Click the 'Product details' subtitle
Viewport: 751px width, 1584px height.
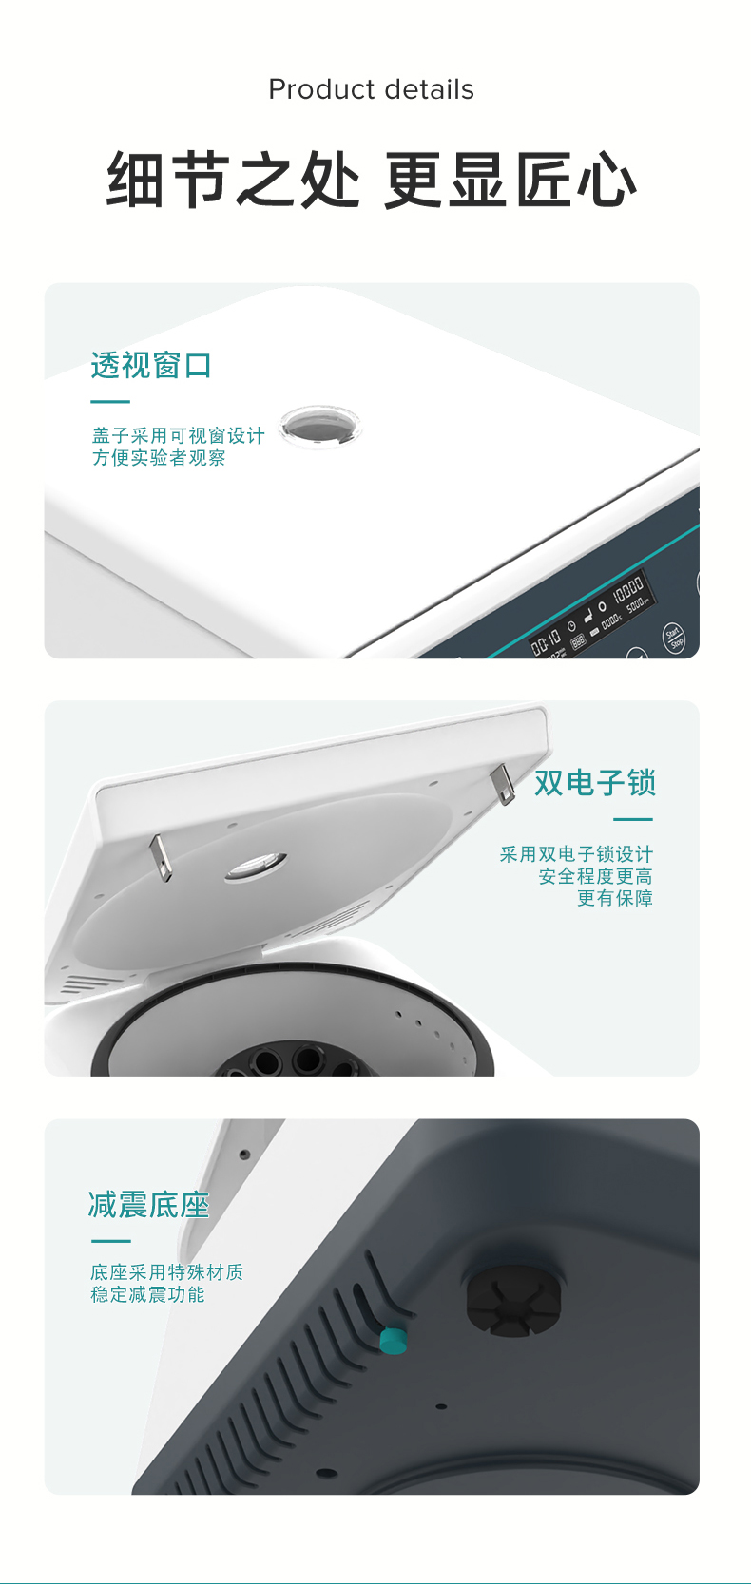pos(371,89)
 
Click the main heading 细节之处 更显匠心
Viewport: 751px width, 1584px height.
pos(371,180)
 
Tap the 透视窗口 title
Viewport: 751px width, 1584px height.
pos(151,365)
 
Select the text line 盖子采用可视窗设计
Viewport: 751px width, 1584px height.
pos(178,435)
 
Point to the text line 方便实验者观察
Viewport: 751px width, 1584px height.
pos(159,458)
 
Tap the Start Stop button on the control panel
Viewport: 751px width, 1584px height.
pos(673,638)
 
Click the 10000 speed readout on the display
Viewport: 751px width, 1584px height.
pos(627,589)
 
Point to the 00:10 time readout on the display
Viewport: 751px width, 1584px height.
pos(546,643)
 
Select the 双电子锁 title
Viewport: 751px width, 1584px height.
pos(594,783)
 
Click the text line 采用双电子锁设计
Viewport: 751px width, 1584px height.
pos(576,854)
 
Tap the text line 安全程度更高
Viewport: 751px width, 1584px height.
pos(595,876)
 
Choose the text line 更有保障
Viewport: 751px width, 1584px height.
pos(614,899)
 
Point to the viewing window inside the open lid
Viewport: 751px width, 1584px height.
pos(256,866)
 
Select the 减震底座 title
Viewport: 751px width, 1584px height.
pos(148,1205)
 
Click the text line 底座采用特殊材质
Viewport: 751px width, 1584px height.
pos(166,1272)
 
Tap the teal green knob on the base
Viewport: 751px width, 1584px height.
pos(393,1340)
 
